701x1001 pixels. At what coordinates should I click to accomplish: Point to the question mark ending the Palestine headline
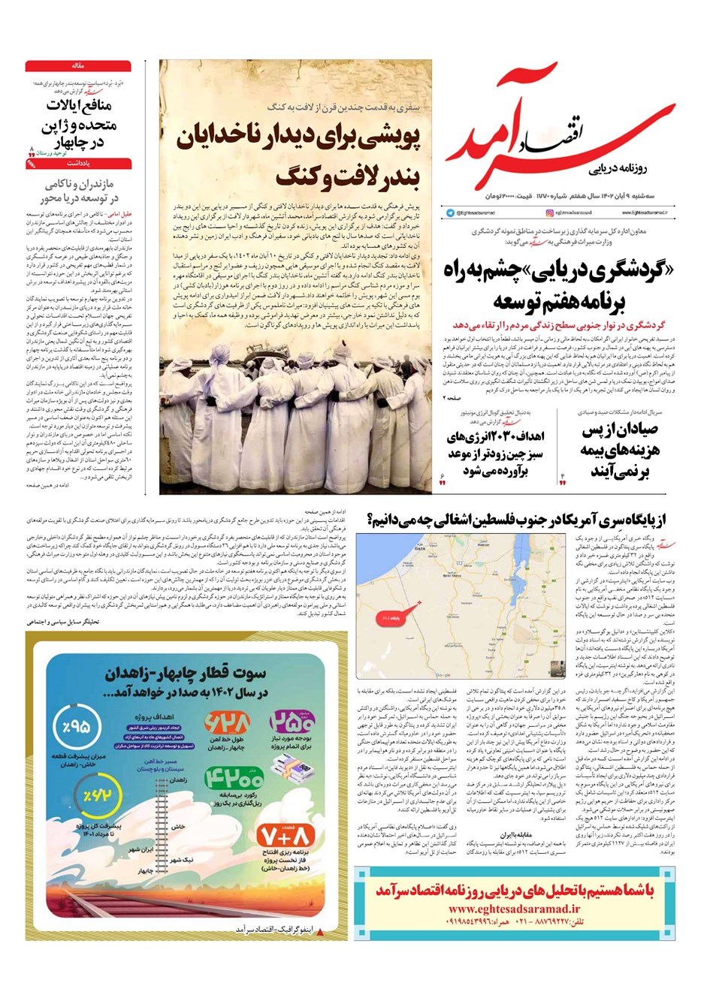click(x=371, y=520)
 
